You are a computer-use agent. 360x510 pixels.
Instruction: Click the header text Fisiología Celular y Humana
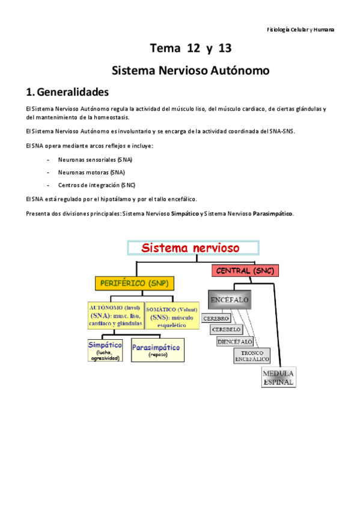pyautogui.click(x=301, y=29)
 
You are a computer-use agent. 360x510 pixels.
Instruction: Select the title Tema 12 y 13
pyautogui.click(x=191, y=48)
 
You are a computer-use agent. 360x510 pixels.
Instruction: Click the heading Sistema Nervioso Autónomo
pyautogui.click(x=191, y=70)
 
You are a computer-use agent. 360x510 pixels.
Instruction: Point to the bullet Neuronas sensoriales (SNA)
pyautogui.click(x=95, y=159)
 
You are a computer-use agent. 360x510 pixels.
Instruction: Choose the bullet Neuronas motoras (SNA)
pyautogui.click(x=91, y=172)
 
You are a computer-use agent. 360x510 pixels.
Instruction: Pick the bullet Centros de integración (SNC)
pyautogui.click(x=97, y=185)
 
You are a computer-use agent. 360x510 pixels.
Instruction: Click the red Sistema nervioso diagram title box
pyautogui.click(x=192, y=248)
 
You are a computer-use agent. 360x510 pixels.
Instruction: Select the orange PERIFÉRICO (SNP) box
pyautogui.click(x=133, y=283)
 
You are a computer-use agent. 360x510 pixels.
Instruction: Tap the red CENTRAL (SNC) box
pyautogui.click(x=245, y=271)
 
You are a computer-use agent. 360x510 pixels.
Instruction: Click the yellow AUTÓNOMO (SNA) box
pyautogui.click(x=115, y=316)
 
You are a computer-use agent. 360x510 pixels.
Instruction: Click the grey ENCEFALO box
pyautogui.click(x=230, y=299)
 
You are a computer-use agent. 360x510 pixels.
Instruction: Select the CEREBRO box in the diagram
pyautogui.click(x=217, y=318)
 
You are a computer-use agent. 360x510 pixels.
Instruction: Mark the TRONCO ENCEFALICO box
pyautogui.click(x=252, y=355)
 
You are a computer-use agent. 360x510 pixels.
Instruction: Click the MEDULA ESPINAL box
pyautogui.click(x=278, y=377)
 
